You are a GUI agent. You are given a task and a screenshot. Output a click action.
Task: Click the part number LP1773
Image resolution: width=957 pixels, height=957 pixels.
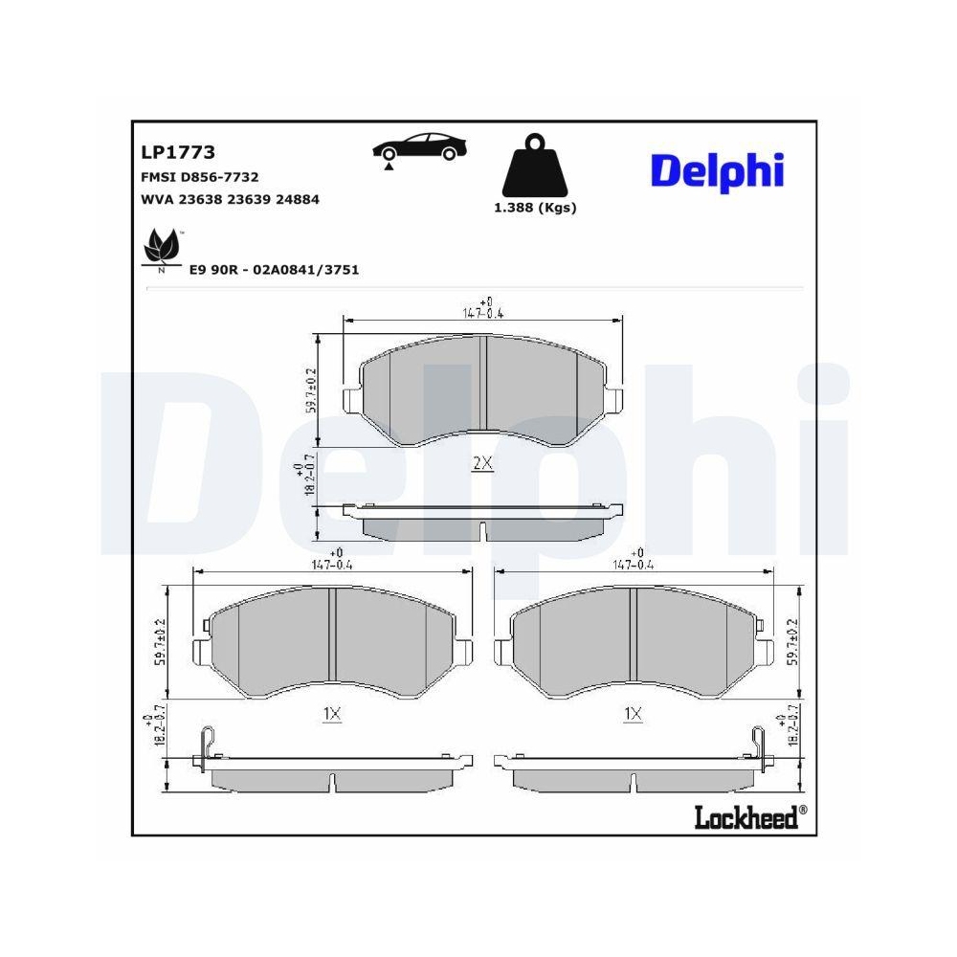(x=177, y=152)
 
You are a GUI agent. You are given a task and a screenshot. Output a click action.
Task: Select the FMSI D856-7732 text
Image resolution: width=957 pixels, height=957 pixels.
(x=199, y=177)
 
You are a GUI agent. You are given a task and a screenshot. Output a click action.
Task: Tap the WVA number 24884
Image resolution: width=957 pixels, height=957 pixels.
(x=298, y=200)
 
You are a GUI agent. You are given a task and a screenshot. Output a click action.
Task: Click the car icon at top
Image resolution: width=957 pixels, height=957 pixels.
(x=418, y=147)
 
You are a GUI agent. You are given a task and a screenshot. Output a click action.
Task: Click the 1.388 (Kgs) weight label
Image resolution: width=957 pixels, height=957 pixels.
(x=535, y=208)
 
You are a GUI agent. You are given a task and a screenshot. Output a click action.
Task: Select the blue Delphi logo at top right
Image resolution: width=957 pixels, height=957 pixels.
(x=717, y=170)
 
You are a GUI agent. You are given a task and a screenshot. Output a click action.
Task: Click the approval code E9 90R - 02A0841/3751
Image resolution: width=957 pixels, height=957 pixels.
(x=274, y=270)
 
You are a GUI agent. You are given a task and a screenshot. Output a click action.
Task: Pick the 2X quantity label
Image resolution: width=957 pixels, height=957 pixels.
(x=483, y=464)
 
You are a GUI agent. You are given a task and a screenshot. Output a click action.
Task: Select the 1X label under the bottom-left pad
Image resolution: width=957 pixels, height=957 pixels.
(x=332, y=713)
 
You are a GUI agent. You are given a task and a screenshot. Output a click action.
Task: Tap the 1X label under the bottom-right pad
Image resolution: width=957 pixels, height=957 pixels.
(x=633, y=713)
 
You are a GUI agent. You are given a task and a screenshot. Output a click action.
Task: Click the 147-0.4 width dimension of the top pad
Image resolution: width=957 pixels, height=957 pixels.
(x=483, y=312)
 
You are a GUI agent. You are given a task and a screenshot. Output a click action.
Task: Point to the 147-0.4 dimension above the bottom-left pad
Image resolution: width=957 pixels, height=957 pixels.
(x=333, y=564)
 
